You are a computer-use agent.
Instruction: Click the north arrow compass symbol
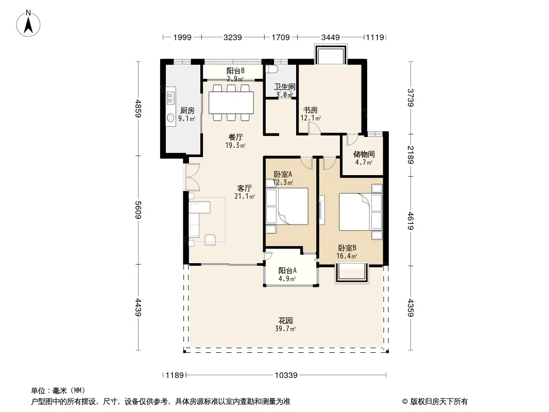28,24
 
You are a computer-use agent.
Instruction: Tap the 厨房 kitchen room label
187,110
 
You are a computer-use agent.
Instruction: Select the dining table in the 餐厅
231,102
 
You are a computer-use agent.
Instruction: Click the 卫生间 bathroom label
284,87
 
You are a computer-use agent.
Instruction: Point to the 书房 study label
310,110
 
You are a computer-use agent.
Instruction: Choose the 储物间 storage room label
364,154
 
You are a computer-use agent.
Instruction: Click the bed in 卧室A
293,206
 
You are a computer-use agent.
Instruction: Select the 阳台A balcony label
287,270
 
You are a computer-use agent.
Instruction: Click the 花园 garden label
285,320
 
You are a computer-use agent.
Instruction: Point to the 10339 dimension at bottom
286,375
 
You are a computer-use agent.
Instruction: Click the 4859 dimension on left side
139,109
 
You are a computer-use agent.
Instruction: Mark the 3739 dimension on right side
410,98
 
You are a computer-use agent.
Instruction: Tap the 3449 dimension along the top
331,37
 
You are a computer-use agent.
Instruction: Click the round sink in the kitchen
170,117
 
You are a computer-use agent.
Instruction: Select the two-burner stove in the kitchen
170,98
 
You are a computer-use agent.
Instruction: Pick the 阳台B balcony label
235,71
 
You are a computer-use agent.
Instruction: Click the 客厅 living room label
245,188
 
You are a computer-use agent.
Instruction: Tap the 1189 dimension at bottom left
175,375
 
